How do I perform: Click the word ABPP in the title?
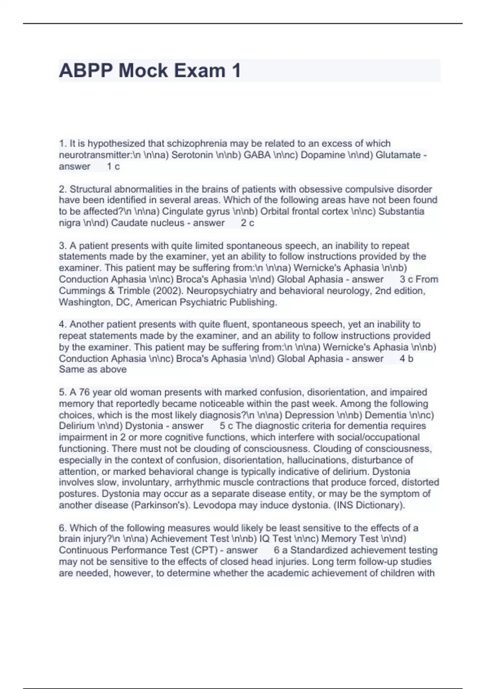[x=85, y=71]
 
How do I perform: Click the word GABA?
[x=257, y=155]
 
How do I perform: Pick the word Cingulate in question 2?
[x=181, y=212]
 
